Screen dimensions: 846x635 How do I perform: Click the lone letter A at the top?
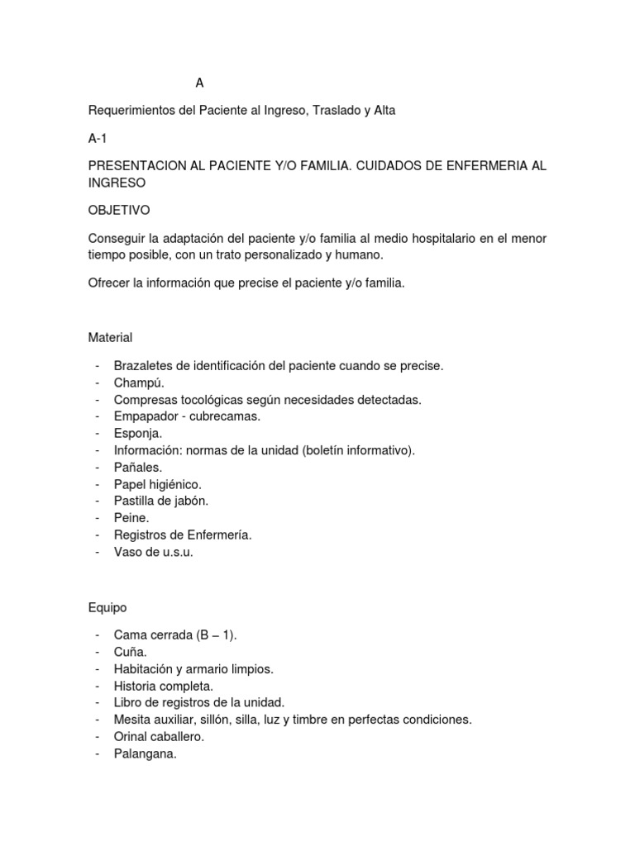pyautogui.click(x=199, y=83)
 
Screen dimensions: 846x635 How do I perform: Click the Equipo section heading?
pyautogui.click(x=107, y=607)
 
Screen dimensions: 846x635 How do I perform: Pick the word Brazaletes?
pyautogui.click(x=146, y=365)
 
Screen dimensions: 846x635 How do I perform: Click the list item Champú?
pyautogui.click(x=139, y=383)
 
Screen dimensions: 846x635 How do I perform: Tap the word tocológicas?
pyautogui.click(x=210, y=400)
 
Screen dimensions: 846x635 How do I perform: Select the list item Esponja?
pyautogui.click(x=139, y=433)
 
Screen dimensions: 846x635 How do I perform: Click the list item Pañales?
pyautogui.click(x=138, y=467)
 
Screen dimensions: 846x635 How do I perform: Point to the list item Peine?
pyautogui.click(x=132, y=517)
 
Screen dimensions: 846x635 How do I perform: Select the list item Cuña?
pyautogui.click(x=131, y=652)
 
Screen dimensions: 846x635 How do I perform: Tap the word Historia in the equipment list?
pyautogui.click(x=137, y=686)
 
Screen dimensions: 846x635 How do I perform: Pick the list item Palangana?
pyautogui.click(x=146, y=753)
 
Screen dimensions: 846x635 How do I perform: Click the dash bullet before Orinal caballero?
pyautogui.click(x=98, y=736)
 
